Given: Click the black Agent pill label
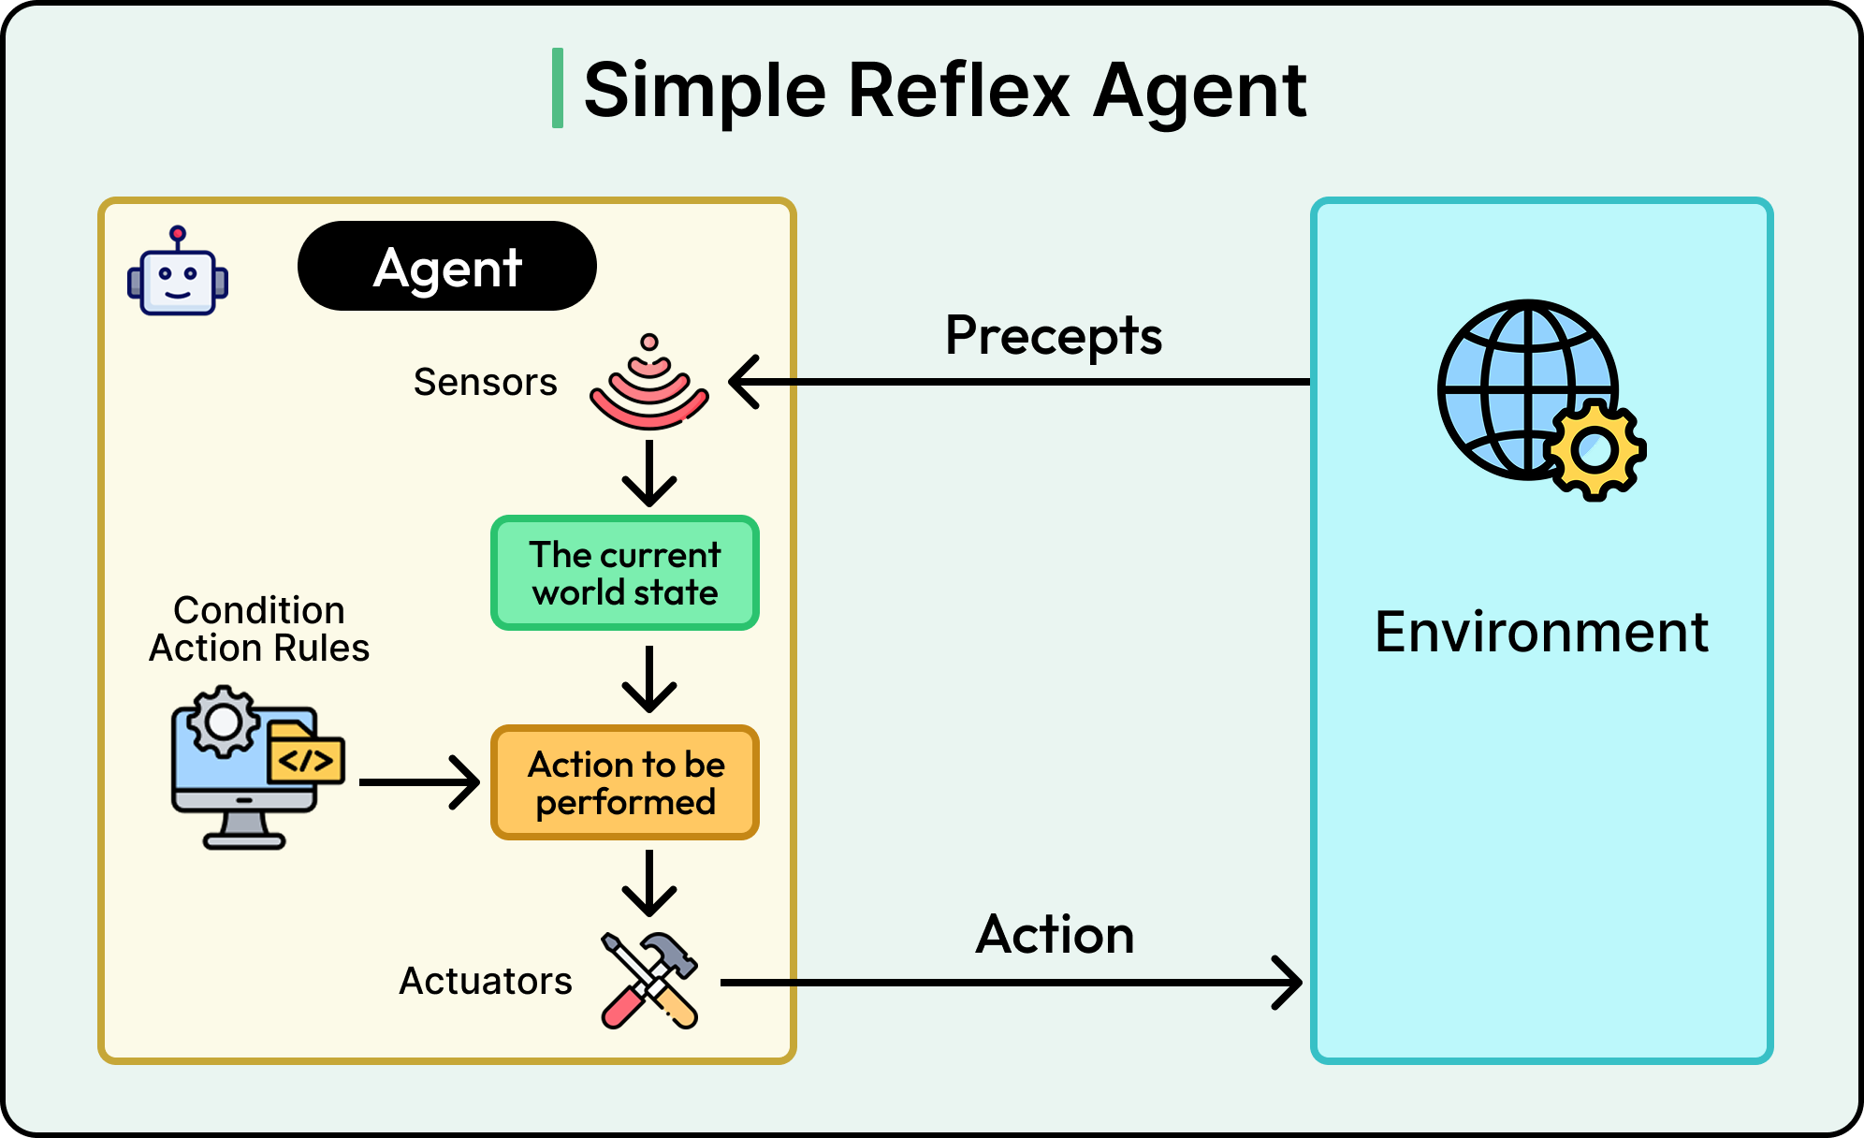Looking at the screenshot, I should coord(446,267).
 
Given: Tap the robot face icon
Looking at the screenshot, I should coord(178,273).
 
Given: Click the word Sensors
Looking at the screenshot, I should coord(485,382).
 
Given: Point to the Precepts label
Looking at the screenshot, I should coord(1053,336).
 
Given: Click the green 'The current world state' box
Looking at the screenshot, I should coord(624,573).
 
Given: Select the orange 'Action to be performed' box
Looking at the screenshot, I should coord(624,782).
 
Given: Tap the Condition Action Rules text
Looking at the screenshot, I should coord(259,629).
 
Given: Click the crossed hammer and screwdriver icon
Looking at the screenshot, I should coord(649,981).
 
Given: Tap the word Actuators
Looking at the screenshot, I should coord(485,981).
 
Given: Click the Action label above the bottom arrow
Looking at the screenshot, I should coord(1055,934).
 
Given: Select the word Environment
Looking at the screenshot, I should coord(1541,632).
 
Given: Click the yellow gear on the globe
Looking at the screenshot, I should coord(1595,450).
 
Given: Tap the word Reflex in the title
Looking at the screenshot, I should coord(958,90).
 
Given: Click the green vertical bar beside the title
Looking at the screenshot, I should coord(558,88).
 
